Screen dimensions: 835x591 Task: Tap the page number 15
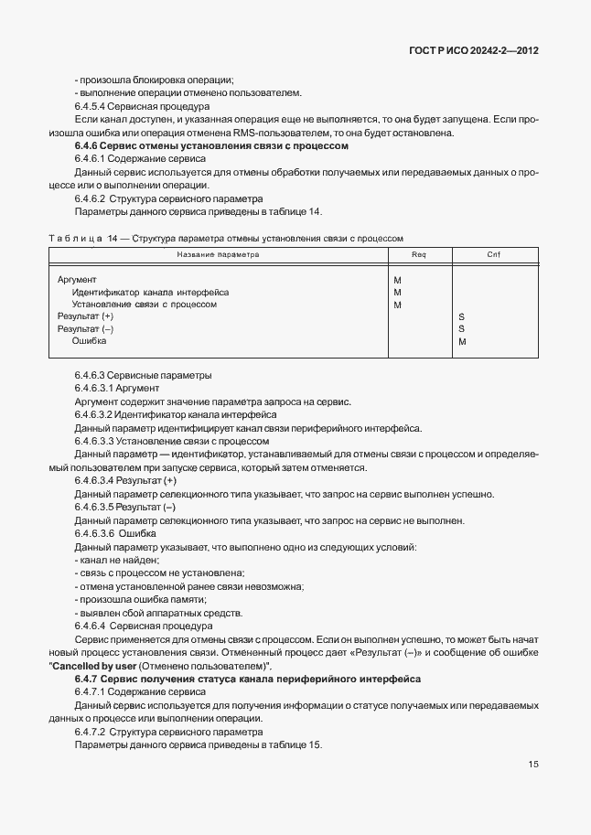click(x=532, y=765)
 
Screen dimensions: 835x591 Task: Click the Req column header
click(x=419, y=254)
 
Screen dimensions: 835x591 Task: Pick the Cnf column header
click(x=493, y=254)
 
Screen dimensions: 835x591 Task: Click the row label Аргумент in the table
click(x=77, y=280)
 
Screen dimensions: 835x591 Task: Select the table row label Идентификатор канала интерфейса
click(x=150, y=292)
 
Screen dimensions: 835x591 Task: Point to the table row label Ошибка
click(x=89, y=341)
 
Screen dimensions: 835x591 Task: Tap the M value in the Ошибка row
click(x=462, y=341)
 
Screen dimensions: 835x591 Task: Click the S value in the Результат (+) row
click(x=462, y=316)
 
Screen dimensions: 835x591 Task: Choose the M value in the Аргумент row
click(x=397, y=280)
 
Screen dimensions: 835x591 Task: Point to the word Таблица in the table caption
click(x=75, y=238)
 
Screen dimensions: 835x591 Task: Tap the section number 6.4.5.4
click(x=91, y=106)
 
